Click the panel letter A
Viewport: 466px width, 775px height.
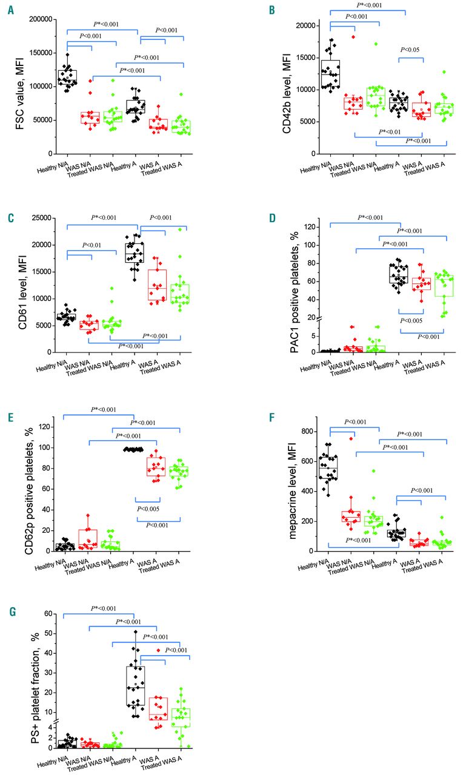point(10,11)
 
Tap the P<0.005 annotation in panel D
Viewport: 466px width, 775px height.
point(410,320)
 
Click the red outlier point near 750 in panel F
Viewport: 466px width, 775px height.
point(350,438)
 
